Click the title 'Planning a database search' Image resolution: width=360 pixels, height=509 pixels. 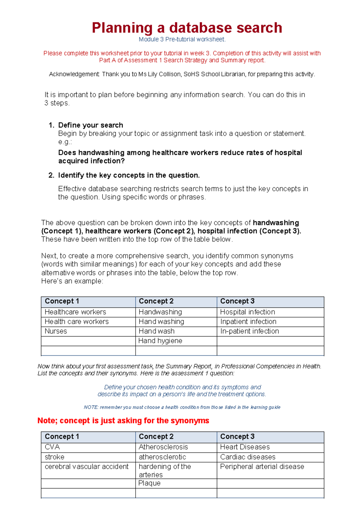pyautogui.click(x=187, y=28)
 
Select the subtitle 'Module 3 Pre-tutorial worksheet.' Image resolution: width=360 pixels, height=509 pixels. pyautogui.click(x=182, y=39)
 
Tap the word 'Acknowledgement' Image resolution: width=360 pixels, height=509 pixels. pyautogui.click(x=74, y=74)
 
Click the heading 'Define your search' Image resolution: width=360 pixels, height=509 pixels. pyautogui.click(x=91, y=125)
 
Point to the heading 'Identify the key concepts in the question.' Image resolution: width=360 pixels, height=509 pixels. pyautogui.click(x=129, y=175)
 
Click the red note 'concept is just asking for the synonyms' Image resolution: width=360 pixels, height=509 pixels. pyautogui.click(x=123, y=421)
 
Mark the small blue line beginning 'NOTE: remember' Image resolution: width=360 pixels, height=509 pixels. pyautogui.click(x=182, y=407)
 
